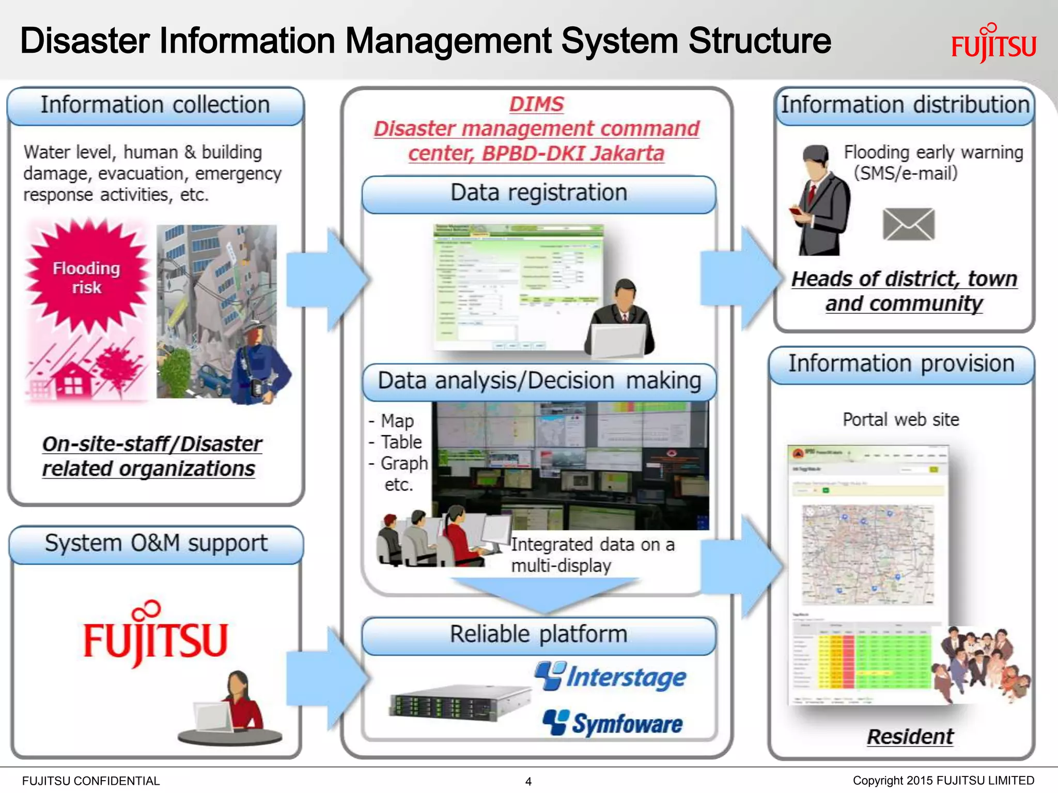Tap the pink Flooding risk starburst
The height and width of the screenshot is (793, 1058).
[86, 277]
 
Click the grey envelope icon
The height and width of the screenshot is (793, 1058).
[908, 224]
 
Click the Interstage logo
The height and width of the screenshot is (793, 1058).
[611, 676]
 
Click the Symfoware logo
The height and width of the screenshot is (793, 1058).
[613, 723]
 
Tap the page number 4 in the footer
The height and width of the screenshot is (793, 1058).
[528, 781]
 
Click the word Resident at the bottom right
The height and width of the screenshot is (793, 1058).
[910, 736]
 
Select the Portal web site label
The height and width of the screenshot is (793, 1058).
[900, 419]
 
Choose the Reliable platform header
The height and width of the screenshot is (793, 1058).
[538, 635]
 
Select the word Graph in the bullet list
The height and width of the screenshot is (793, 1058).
[404, 463]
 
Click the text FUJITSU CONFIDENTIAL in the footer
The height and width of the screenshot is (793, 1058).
[91, 781]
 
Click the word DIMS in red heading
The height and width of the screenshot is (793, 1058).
[536, 104]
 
